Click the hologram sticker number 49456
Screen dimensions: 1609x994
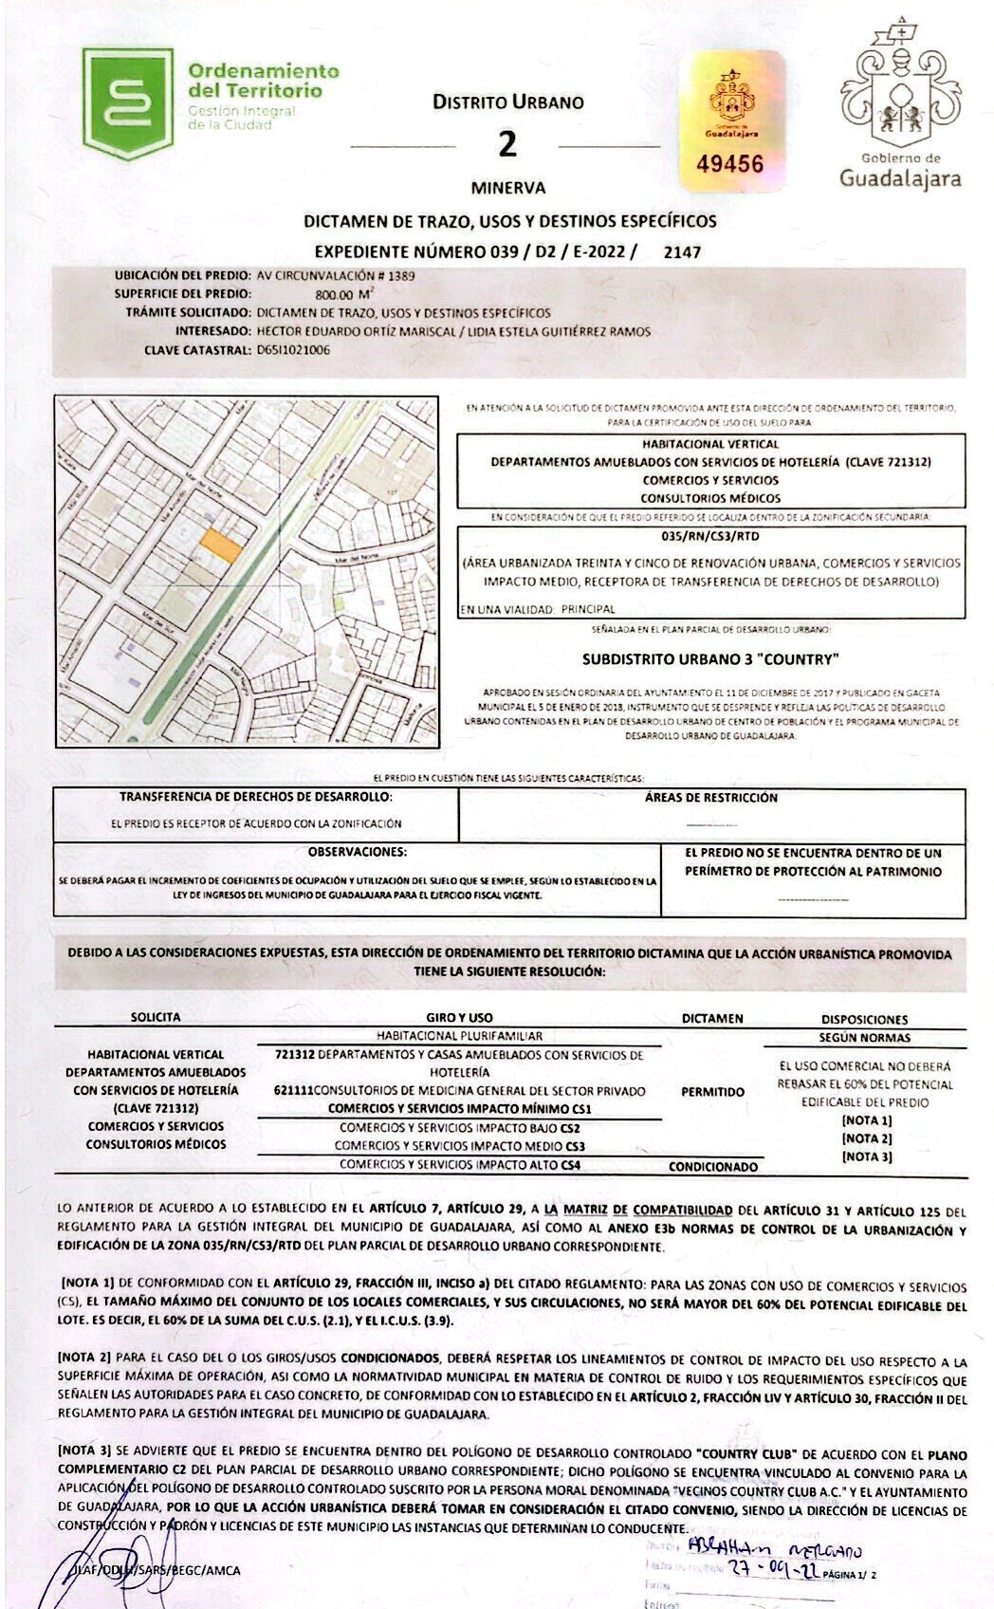[729, 163]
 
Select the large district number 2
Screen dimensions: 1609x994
[508, 143]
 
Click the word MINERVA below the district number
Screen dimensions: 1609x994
[507, 188]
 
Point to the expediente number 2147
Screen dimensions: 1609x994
[682, 251]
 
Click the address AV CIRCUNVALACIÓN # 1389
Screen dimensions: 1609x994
[336, 275]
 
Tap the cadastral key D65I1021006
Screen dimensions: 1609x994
[295, 349]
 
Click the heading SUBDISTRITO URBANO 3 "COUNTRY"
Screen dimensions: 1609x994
[710, 657]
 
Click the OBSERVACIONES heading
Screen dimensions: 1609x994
[358, 852]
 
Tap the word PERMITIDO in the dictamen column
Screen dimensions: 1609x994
[712, 1092]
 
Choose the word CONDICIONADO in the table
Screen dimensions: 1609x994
[712, 1166]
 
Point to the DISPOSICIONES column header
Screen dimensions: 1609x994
[864, 1019]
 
